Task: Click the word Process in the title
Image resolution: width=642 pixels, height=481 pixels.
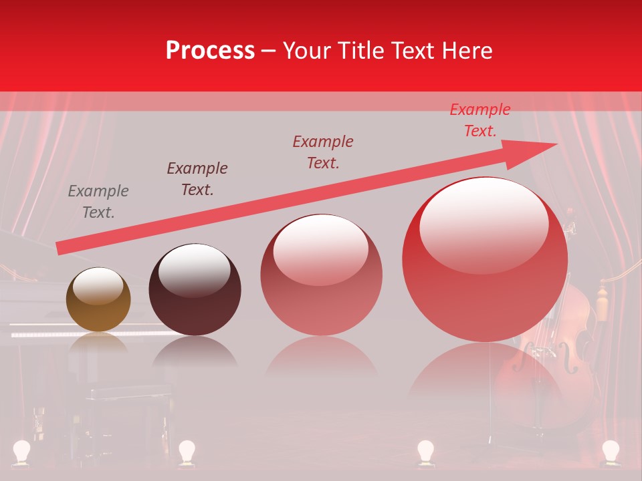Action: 210,51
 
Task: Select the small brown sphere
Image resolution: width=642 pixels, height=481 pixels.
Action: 98,299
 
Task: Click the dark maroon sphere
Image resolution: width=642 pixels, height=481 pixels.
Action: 195,289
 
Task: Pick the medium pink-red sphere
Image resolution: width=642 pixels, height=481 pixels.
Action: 321,275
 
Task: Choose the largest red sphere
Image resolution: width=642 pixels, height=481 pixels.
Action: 485,259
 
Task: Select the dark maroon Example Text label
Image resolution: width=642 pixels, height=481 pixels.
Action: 197,179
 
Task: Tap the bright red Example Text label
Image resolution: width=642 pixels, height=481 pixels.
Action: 479,120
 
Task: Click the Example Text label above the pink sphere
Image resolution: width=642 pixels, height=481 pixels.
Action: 323,152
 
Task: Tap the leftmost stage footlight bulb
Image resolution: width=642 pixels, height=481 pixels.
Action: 23,451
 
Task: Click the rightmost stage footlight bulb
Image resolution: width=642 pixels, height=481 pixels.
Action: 610,451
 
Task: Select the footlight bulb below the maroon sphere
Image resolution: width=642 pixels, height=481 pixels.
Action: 186,451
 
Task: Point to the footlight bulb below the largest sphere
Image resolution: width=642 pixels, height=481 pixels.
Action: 425,451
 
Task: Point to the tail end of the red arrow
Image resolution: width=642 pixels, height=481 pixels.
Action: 59,248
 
